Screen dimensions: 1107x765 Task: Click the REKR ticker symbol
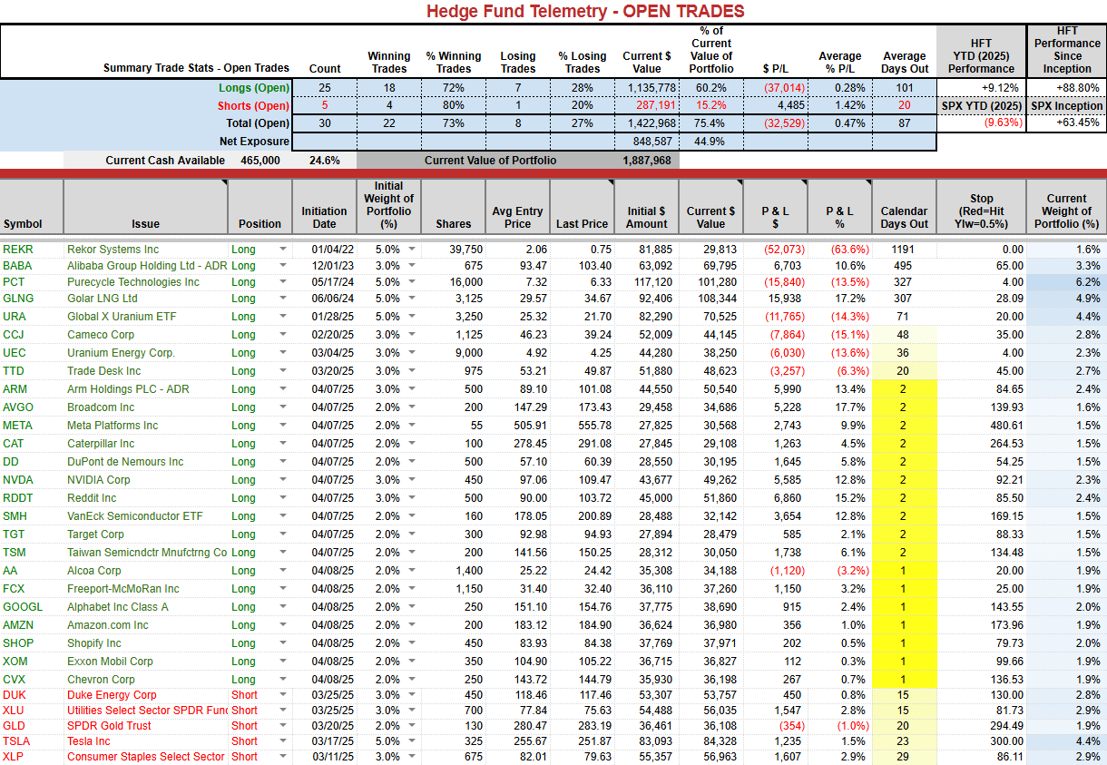(18, 250)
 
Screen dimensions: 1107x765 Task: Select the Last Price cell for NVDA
(595, 480)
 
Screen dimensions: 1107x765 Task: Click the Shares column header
(453, 224)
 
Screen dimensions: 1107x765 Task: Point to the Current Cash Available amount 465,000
(260, 161)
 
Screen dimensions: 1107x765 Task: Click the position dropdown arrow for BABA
(283, 265)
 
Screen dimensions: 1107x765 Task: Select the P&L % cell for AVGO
(850, 407)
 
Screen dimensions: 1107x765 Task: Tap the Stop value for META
(1006, 426)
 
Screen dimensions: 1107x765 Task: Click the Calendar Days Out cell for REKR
(903, 250)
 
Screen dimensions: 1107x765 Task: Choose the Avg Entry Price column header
(517, 218)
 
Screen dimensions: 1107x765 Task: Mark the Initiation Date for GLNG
(333, 299)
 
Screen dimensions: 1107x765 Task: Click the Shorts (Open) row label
(253, 106)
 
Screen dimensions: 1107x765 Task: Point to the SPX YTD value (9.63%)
(1004, 123)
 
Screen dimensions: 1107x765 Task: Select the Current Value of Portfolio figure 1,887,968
(647, 161)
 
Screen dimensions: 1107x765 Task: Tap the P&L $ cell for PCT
(784, 282)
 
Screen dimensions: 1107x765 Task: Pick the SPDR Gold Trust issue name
(109, 726)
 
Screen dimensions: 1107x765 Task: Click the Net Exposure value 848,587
(652, 142)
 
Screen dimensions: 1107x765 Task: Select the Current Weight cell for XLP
(1088, 757)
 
